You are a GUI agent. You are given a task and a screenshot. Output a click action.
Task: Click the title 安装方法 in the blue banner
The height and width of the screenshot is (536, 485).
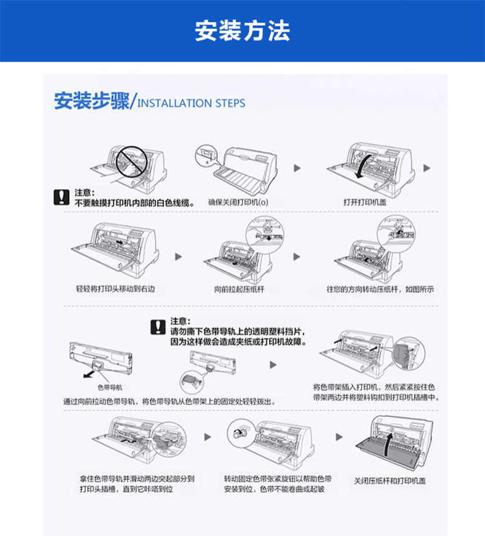(x=242, y=30)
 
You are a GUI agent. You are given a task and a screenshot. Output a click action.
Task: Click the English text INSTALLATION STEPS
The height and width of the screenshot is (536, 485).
(x=191, y=103)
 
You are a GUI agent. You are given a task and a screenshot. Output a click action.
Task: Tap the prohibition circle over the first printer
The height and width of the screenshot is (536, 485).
(x=131, y=162)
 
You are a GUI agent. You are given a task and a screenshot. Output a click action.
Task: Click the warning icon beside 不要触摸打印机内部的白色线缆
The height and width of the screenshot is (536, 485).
(x=61, y=197)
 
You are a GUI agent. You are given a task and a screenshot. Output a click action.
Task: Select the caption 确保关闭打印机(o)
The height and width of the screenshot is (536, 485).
(x=239, y=203)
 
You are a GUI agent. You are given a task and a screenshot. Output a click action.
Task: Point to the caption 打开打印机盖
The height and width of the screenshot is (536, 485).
(x=365, y=203)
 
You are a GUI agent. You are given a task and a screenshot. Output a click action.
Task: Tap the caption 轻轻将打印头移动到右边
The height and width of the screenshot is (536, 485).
(x=116, y=289)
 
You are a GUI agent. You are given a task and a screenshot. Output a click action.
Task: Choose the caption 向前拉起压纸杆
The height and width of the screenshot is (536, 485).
(x=239, y=289)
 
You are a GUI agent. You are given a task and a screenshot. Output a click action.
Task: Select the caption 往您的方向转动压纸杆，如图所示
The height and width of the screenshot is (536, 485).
(x=380, y=289)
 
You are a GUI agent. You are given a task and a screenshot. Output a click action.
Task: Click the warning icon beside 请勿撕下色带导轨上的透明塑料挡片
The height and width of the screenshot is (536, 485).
(x=158, y=327)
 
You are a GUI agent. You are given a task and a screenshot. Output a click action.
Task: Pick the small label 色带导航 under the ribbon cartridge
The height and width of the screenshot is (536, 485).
(x=110, y=387)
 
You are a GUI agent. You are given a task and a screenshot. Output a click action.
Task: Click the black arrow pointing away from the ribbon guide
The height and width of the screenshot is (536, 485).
(x=89, y=374)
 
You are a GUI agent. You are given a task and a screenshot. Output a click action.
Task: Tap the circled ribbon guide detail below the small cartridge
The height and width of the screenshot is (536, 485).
(x=191, y=382)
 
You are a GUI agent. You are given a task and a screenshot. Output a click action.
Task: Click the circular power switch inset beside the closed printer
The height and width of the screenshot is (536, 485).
(x=206, y=155)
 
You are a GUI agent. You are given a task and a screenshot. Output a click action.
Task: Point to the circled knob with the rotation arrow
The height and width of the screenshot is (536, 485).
(x=239, y=434)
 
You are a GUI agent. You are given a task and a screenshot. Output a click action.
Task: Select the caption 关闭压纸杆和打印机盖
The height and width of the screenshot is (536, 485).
(x=390, y=481)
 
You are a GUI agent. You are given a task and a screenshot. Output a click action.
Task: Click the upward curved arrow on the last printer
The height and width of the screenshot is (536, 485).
(x=387, y=444)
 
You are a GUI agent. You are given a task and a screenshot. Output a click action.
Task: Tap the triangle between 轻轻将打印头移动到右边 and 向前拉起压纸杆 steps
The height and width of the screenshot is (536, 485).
(x=178, y=257)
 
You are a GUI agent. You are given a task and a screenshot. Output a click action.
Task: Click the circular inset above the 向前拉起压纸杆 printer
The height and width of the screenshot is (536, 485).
(x=265, y=235)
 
